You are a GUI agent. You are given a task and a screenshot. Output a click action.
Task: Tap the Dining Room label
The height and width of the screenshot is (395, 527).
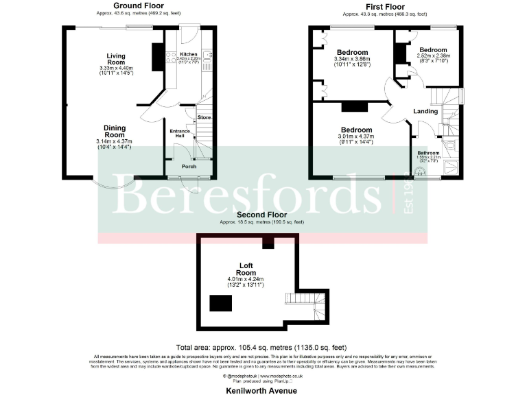115,131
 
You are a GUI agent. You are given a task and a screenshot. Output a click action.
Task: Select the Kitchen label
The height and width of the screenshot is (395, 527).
189,54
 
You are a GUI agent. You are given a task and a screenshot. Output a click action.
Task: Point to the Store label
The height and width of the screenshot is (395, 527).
204,118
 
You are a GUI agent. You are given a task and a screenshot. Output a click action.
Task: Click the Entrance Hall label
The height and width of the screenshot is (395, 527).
180,134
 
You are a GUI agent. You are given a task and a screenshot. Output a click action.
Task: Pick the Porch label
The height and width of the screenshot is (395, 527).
189,167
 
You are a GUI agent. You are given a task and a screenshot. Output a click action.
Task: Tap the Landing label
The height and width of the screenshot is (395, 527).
425,111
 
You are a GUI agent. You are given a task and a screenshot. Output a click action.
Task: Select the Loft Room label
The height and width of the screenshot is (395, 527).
246,269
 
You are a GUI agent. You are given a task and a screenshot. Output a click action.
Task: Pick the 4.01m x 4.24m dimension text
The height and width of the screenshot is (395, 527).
246,279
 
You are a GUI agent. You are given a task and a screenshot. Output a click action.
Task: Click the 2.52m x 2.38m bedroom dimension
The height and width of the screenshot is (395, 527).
433,57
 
